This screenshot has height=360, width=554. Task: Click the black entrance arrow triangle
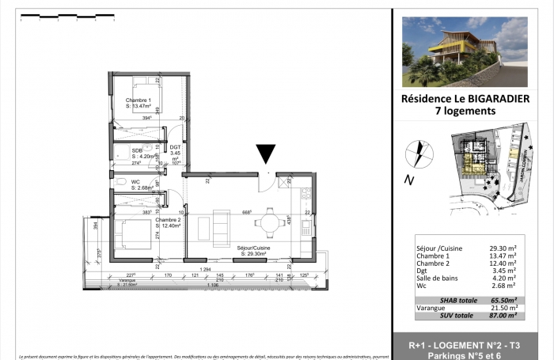coord(267,154)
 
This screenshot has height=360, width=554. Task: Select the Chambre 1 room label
coord(139,100)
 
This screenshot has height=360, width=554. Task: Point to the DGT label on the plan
coord(175,147)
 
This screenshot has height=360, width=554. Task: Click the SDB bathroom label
coord(137,150)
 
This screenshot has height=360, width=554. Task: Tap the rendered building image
coord(464,52)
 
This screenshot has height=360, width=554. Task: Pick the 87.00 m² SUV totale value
coord(502,316)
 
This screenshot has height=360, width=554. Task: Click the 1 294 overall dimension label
coord(205,270)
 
